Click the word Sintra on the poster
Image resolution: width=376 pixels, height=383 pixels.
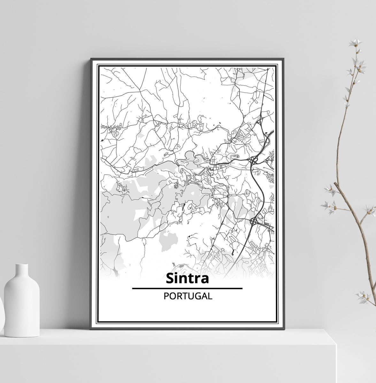tap(187, 278)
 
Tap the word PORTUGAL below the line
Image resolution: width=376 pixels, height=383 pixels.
tap(188, 296)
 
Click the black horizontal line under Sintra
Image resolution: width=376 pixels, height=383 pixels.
tap(187, 289)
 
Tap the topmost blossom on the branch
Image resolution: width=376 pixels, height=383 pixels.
tap(355, 42)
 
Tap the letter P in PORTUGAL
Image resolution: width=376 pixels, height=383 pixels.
tap(166, 296)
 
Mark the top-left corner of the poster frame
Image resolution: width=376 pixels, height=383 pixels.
tap(91, 59)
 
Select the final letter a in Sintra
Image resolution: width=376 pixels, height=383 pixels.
tap(205, 279)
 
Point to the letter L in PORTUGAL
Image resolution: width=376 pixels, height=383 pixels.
tap(210, 296)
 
